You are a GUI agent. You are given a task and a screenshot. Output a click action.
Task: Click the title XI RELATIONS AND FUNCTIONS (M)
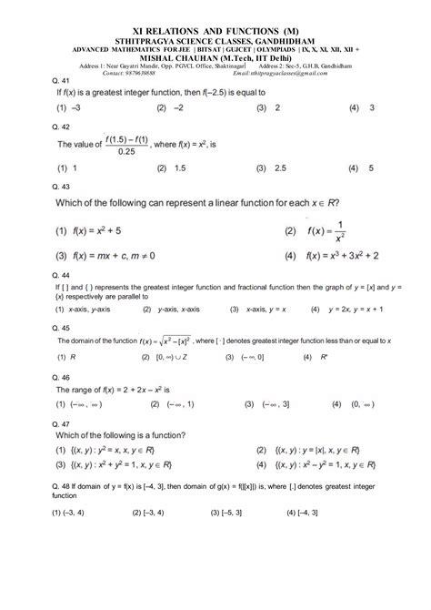pyautogui.click(x=215, y=15)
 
